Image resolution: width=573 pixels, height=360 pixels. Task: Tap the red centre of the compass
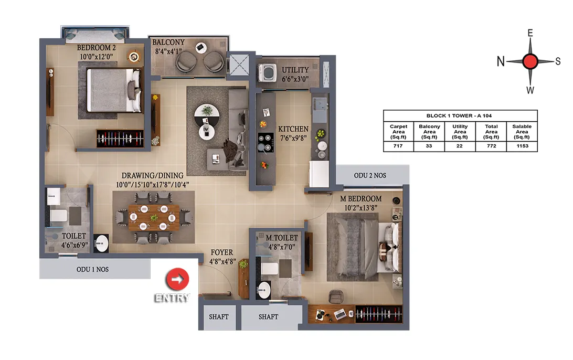(530, 61)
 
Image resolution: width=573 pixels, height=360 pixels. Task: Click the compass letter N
(501, 61)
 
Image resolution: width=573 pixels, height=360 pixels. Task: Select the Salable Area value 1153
(522, 146)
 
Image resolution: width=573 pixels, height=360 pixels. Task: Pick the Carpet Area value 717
(398, 146)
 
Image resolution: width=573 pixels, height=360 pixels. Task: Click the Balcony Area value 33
(429, 146)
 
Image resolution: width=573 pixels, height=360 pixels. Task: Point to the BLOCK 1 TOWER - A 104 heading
(459, 115)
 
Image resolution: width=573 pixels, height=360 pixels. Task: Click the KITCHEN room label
(293, 129)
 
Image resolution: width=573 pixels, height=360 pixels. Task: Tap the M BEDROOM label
(360, 199)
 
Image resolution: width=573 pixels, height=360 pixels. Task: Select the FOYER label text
(222, 252)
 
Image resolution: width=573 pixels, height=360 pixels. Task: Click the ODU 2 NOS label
(370, 175)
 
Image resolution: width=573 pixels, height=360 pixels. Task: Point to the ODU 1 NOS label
(92, 269)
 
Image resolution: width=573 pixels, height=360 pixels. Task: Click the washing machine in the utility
(268, 72)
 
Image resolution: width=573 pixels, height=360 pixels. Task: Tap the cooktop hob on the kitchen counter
(266, 142)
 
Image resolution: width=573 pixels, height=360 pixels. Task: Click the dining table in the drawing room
(154, 217)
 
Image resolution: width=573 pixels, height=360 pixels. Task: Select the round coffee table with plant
(207, 111)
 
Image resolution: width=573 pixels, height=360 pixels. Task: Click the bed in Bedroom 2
(113, 90)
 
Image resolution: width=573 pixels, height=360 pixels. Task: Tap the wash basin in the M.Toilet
(263, 291)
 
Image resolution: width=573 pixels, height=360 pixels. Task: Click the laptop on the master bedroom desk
(340, 314)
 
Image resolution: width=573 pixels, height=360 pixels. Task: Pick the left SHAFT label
(218, 317)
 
